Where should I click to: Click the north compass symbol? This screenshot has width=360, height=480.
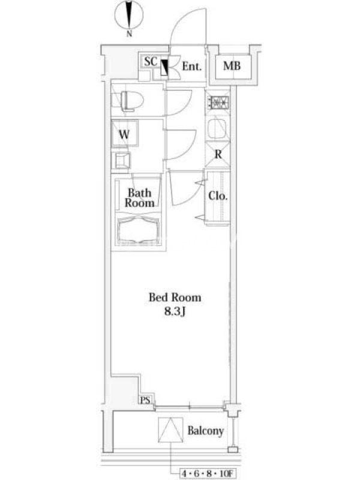[129, 16]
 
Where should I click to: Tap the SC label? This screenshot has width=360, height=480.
[151, 62]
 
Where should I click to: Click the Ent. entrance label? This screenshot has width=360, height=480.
[192, 66]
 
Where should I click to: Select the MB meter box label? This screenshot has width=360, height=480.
[232, 65]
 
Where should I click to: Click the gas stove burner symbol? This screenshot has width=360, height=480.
[218, 103]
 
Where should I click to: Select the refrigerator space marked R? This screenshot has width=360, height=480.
[218, 155]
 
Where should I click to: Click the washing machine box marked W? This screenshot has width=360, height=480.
[124, 133]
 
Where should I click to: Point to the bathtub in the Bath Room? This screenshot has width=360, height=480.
[139, 229]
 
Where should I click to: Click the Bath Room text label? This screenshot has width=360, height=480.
[140, 198]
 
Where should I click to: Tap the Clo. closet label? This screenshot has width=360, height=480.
[218, 196]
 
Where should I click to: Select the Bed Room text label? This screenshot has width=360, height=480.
[175, 297]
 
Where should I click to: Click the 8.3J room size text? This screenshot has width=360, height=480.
[175, 312]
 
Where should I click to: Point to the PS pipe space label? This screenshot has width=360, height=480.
[145, 400]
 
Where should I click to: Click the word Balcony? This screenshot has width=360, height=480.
[205, 431]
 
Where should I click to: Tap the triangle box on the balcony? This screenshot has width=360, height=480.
[171, 430]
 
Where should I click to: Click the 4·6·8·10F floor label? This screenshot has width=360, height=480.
[207, 473]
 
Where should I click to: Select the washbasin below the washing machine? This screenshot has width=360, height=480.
[122, 160]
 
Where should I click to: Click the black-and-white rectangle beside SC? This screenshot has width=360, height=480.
[164, 67]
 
